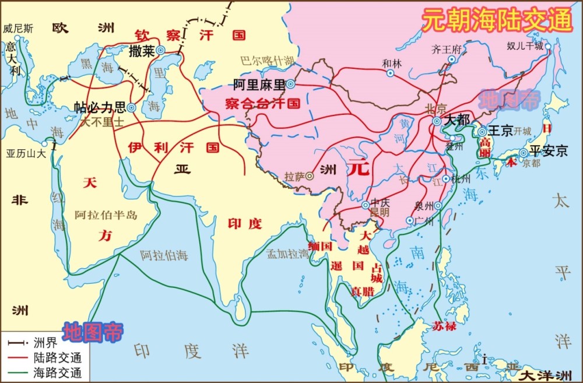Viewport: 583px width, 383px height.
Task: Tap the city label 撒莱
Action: [142, 51]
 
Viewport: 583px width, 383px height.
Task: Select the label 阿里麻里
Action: [259, 85]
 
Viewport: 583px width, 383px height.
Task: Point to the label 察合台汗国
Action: [262, 104]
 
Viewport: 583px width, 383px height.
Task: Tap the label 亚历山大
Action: [26, 154]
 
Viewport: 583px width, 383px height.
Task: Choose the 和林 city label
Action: [391, 63]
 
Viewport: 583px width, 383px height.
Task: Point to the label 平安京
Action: [548, 152]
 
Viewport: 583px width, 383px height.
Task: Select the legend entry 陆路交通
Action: [57, 357]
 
